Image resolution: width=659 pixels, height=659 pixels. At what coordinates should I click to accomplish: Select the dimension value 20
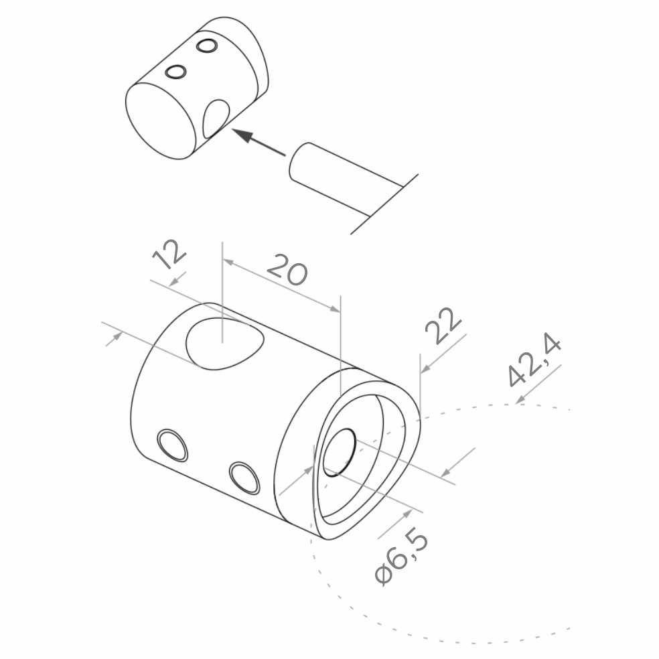coord(287,269)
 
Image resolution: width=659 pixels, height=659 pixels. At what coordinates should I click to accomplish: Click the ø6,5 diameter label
coord(400,557)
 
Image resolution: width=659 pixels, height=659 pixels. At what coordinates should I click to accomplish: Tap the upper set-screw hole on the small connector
coord(206,46)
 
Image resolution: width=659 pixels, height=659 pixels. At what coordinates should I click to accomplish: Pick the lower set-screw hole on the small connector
coord(175,72)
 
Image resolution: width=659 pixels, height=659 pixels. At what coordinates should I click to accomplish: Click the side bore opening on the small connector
coord(216,119)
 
